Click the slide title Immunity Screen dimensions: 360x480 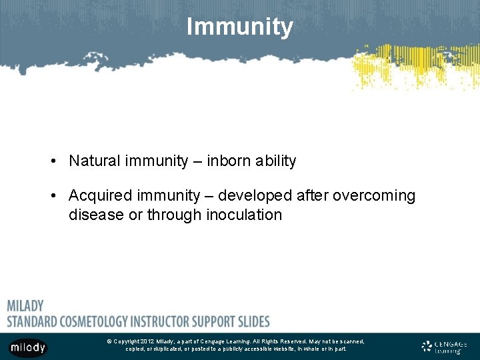(x=239, y=27)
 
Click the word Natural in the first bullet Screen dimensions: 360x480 (x=93, y=161)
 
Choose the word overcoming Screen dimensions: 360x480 (x=374, y=196)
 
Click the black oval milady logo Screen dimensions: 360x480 (x=27, y=347)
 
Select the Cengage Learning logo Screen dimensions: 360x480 (x=445, y=347)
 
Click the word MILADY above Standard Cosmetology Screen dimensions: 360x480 (x=25, y=306)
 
